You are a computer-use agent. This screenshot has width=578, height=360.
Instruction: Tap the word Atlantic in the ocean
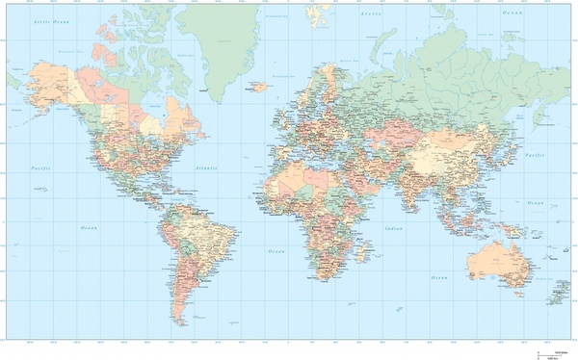206,167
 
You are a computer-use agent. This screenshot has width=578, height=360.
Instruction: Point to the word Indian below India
392,228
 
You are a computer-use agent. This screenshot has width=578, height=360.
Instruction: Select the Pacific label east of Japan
534,156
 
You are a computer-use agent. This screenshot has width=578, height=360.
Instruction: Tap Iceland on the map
257,87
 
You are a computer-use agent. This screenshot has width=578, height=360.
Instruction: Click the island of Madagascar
363,251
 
